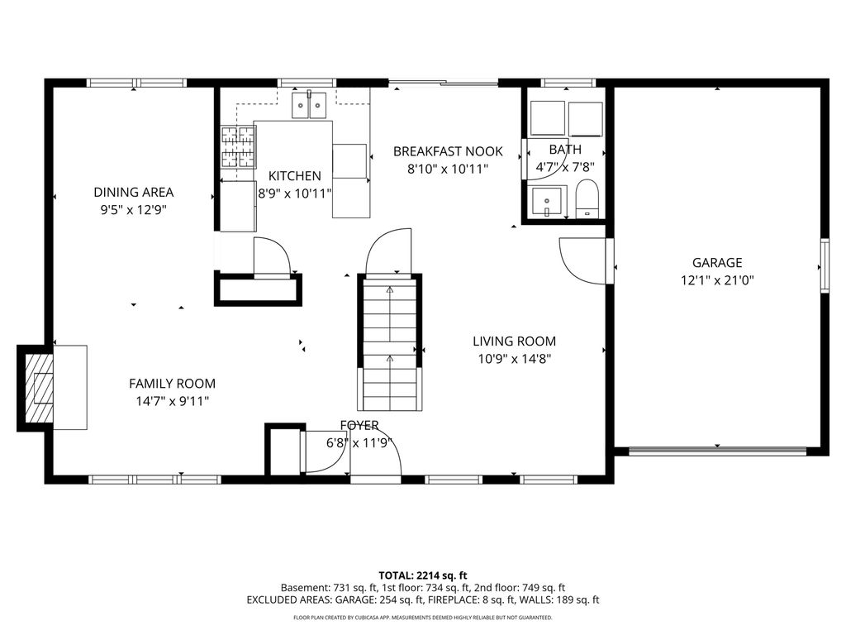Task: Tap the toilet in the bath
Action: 587,199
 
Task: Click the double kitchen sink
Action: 309,105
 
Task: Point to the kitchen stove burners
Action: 238,147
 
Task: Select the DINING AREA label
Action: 133,193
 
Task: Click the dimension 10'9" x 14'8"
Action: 514,359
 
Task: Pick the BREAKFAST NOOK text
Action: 448,151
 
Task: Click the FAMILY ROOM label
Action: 172,384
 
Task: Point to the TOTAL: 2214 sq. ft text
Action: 423,575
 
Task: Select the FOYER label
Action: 359,426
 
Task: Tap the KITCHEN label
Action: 295,176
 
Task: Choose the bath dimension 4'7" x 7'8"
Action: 565,166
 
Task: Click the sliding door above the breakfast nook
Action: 444,82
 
